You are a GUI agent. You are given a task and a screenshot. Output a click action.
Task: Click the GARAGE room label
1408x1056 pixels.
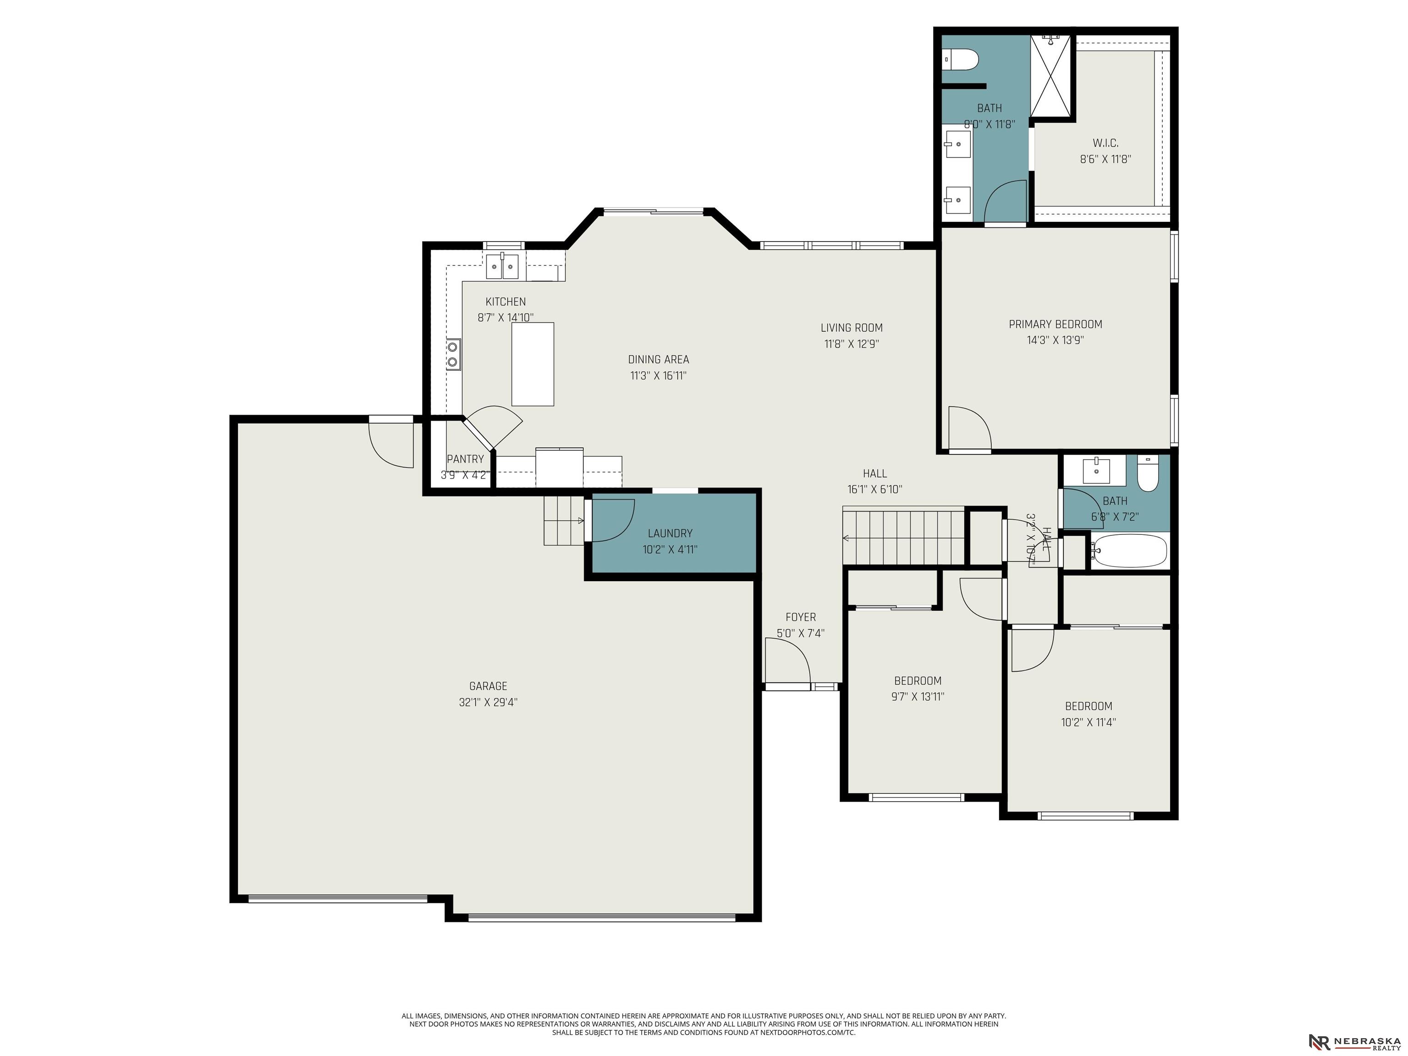(x=488, y=686)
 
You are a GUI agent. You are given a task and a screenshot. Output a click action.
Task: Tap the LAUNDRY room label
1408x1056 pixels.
(x=670, y=533)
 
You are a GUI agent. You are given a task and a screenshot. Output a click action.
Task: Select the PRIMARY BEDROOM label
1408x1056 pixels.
(x=1056, y=324)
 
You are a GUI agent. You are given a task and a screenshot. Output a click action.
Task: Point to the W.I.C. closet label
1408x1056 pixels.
(x=1105, y=143)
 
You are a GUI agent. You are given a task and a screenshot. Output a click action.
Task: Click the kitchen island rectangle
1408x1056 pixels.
(x=533, y=364)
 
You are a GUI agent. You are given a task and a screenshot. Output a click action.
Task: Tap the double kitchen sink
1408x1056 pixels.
(x=502, y=266)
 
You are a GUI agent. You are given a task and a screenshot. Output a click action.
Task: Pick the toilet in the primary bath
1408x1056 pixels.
(x=961, y=60)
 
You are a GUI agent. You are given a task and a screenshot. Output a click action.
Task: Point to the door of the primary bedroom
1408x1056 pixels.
(x=969, y=429)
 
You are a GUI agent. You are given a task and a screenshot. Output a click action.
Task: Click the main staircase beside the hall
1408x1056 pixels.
(x=904, y=535)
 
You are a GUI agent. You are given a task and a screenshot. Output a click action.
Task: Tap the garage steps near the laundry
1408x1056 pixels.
(x=564, y=521)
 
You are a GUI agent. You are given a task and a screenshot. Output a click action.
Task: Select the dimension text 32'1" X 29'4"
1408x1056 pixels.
(x=488, y=703)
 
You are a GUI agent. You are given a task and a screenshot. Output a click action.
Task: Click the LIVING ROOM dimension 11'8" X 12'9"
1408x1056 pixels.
(x=852, y=344)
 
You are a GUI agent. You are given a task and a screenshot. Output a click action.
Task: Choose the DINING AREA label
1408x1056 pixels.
(x=658, y=360)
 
